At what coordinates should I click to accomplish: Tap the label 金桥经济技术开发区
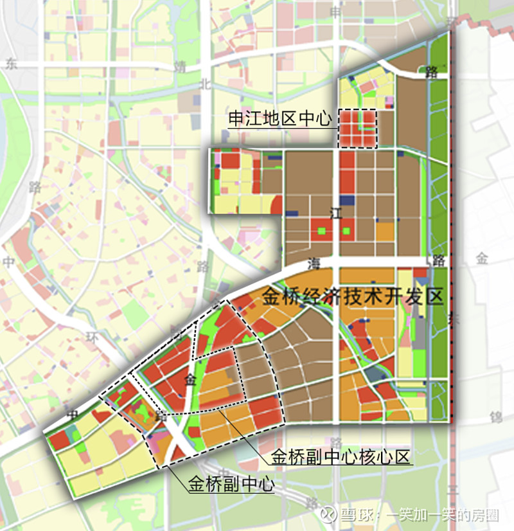point(353,296)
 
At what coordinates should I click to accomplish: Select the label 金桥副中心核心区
point(340,457)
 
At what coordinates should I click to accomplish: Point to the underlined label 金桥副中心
point(231,484)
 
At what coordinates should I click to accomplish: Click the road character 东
point(11,64)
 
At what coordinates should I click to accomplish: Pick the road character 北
point(205,84)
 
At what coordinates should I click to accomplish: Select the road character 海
point(314,263)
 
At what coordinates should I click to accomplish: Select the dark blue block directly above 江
point(347,200)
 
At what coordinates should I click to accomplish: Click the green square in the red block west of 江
point(322,231)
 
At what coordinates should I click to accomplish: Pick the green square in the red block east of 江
point(347,231)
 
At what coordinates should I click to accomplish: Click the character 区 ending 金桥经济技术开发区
point(436,296)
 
